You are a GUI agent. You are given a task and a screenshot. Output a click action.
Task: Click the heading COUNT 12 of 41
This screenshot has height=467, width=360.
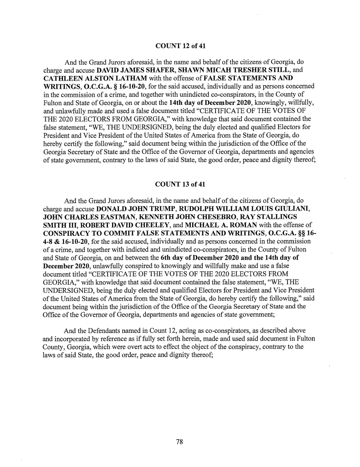click(x=180, y=46)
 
